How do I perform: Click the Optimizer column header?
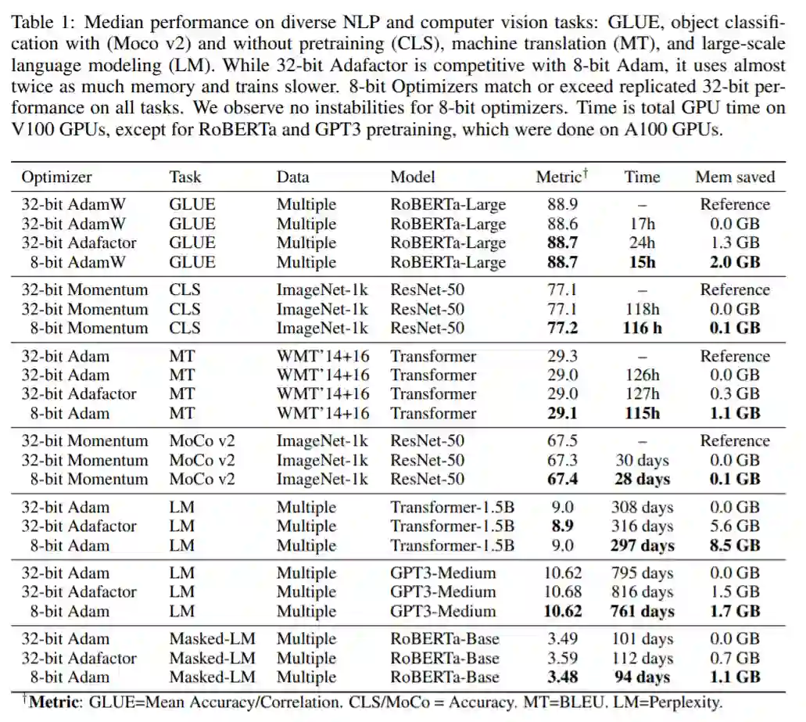click(x=56, y=178)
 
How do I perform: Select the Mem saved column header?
click(x=735, y=178)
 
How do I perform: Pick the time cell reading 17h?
click(x=642, y=224)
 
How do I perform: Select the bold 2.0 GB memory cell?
click(x=735, y=262)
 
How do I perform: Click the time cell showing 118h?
click(x=642, y=309)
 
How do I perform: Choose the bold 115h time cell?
click(x=642, y=413)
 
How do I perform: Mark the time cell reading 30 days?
click(x=642, y=460)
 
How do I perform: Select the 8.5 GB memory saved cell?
click(x=735, y=545)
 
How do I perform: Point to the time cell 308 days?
click(x=642, y=508)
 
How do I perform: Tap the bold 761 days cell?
click(x=642, y=611)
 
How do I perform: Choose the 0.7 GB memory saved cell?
click(x=735, y=659)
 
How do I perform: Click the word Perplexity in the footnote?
click(x=683, y=702)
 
